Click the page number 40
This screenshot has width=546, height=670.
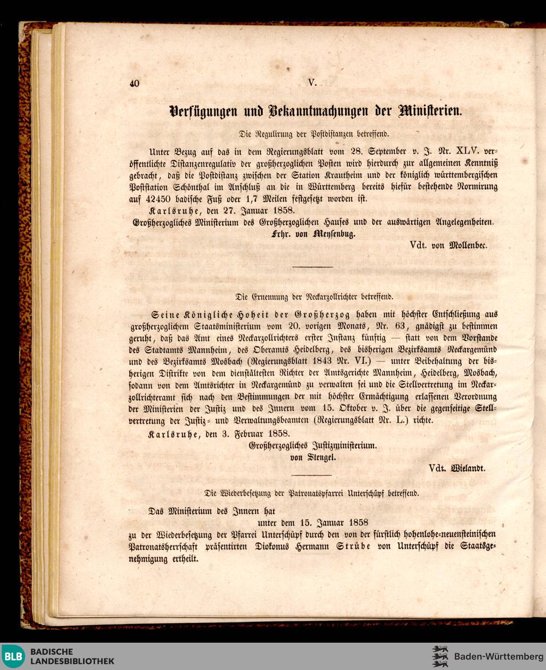click(x=135, y=84)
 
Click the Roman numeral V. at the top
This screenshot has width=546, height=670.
click(x=312, y=83)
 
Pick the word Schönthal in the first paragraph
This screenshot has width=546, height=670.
click(x=198, y=187)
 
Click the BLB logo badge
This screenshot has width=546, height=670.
click(x=13, y=656)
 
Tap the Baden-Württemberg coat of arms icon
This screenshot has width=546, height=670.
click(x=440, y=656)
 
